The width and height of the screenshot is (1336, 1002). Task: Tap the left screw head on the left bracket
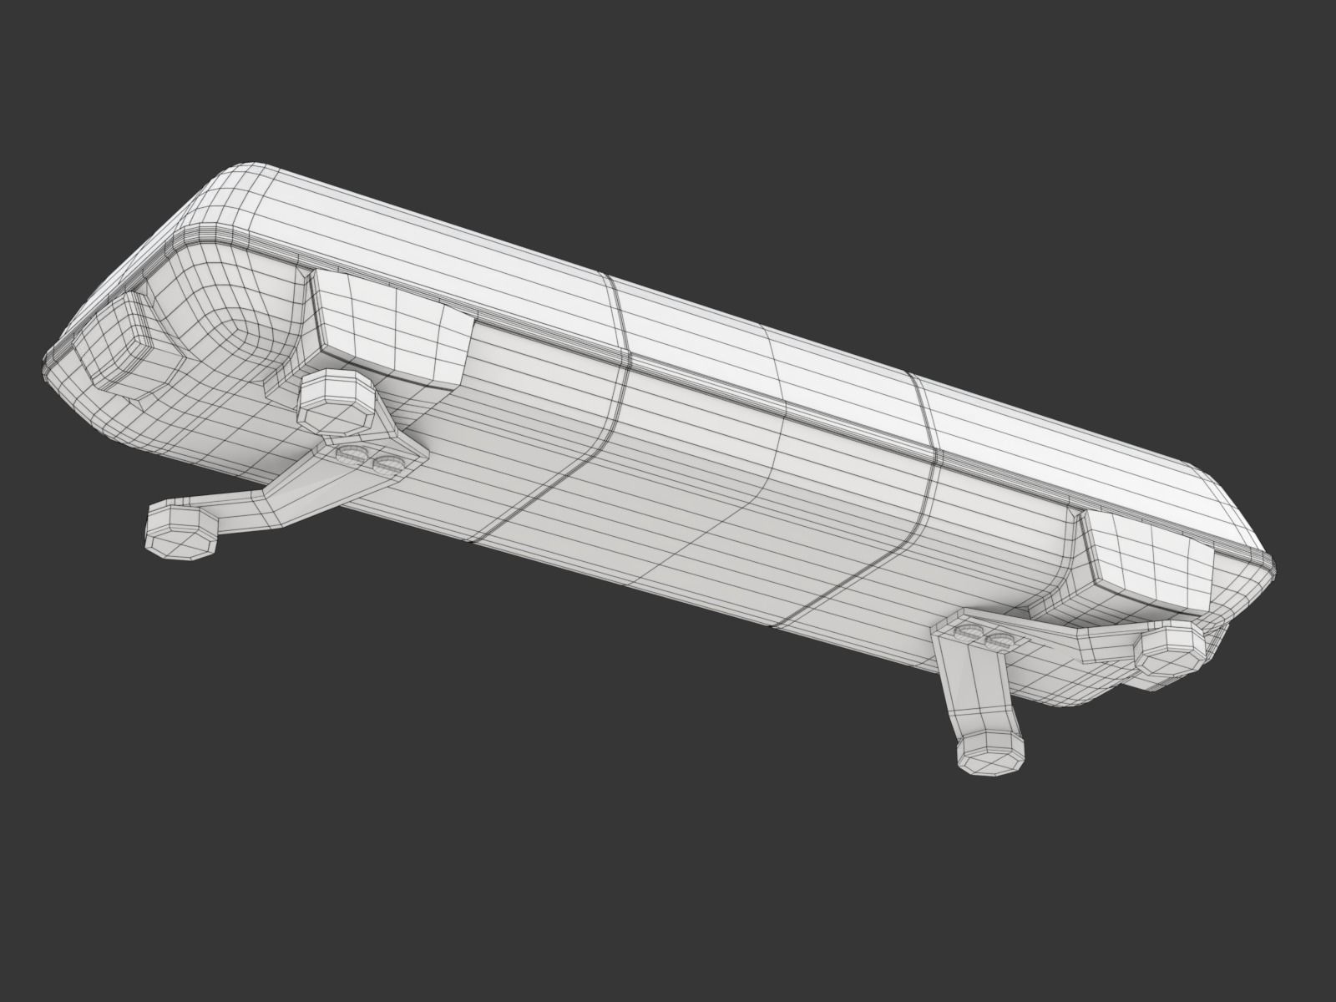coord(353,454)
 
